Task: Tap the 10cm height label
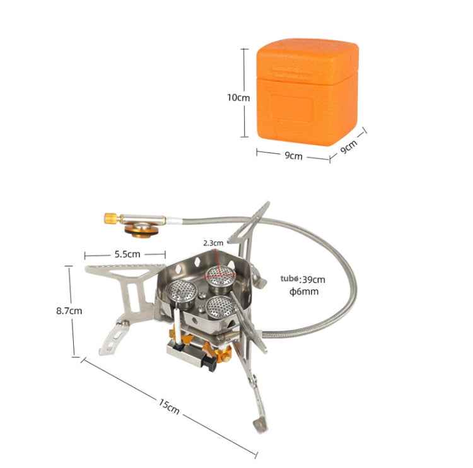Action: [238, 98]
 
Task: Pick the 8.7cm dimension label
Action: [69, 310]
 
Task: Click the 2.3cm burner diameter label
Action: [213, 242]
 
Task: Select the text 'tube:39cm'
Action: [303, 279]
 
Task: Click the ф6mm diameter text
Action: [303, 291]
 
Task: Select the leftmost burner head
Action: [182, 292]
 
